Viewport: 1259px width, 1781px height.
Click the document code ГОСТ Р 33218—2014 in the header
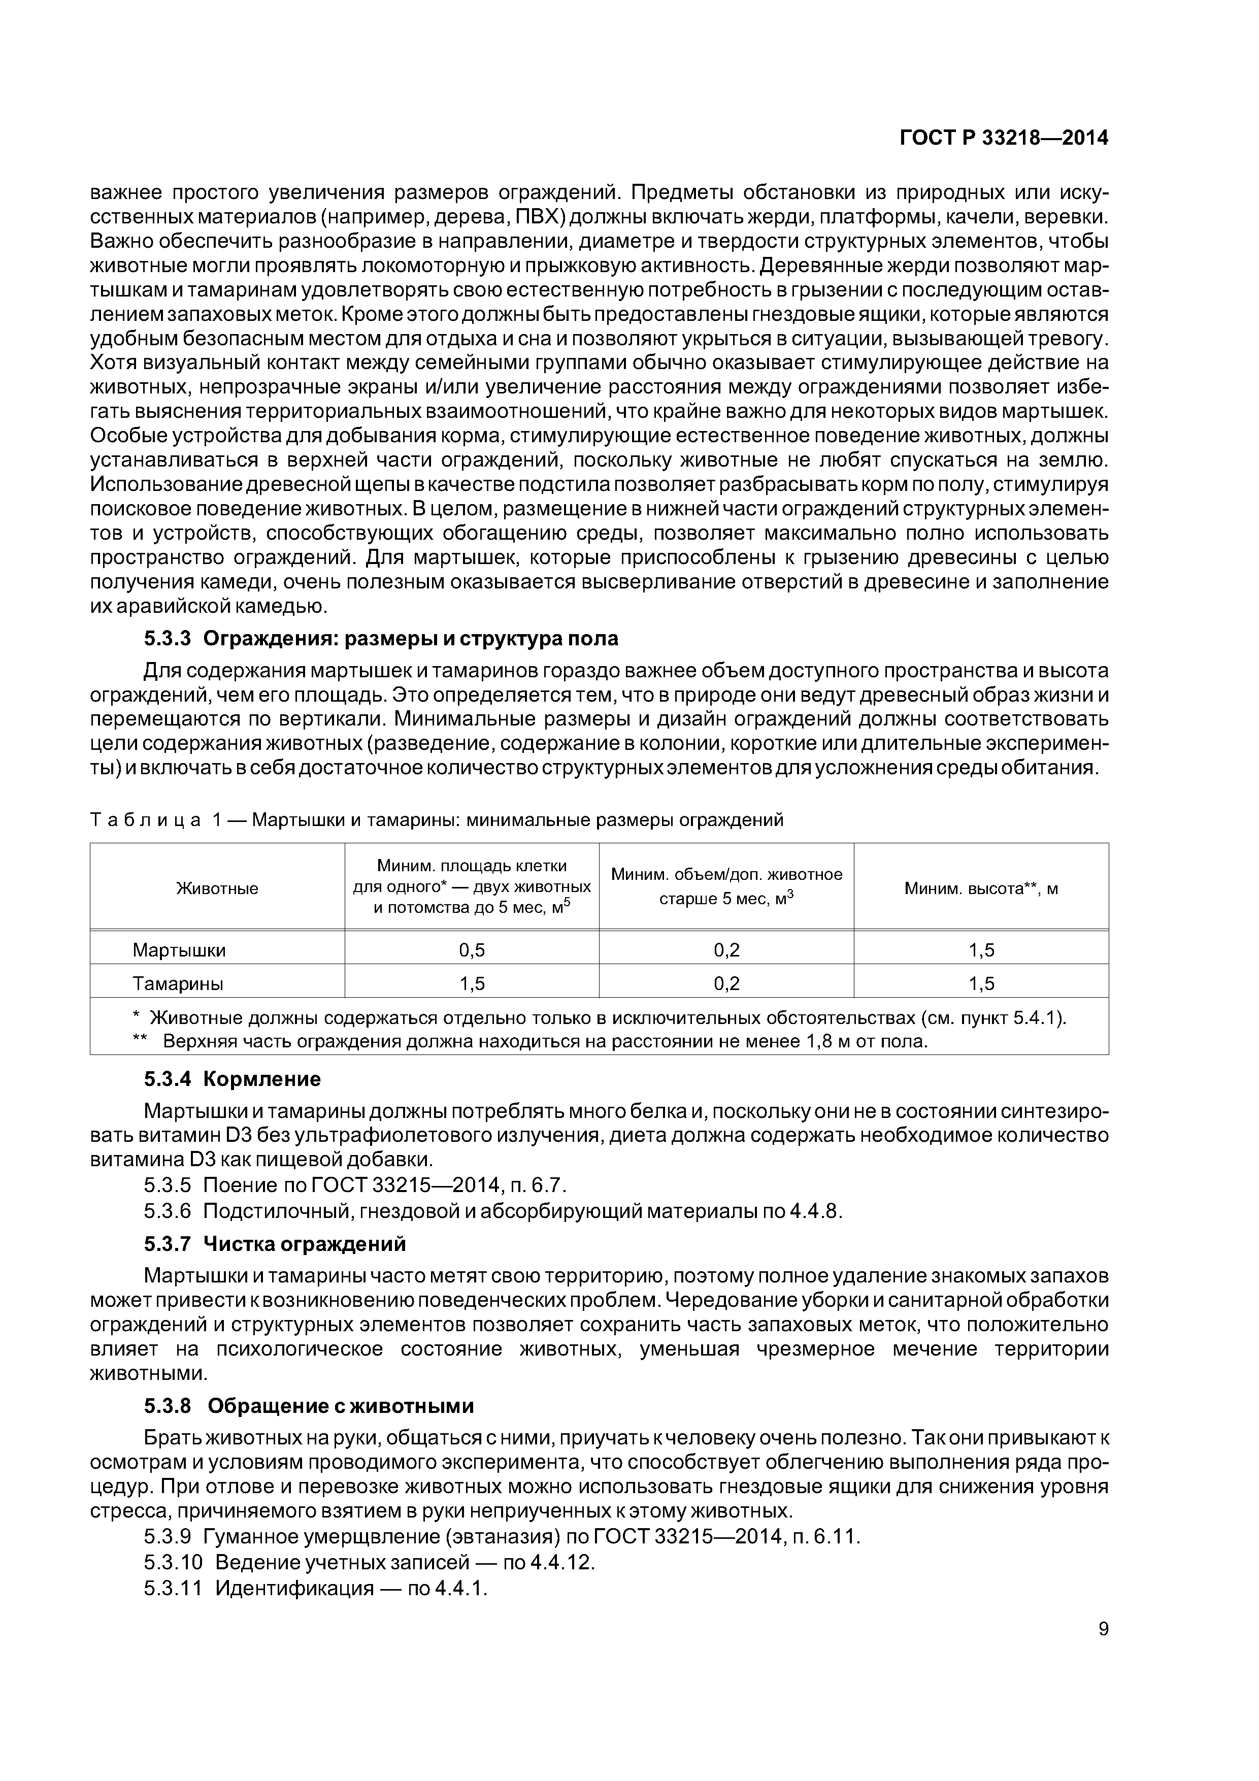coord(1003,138)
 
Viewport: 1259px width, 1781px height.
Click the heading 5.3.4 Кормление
coord(232,1079)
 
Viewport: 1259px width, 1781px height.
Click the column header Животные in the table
coord(217,888)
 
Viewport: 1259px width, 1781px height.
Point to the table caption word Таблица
coord(146,820)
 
